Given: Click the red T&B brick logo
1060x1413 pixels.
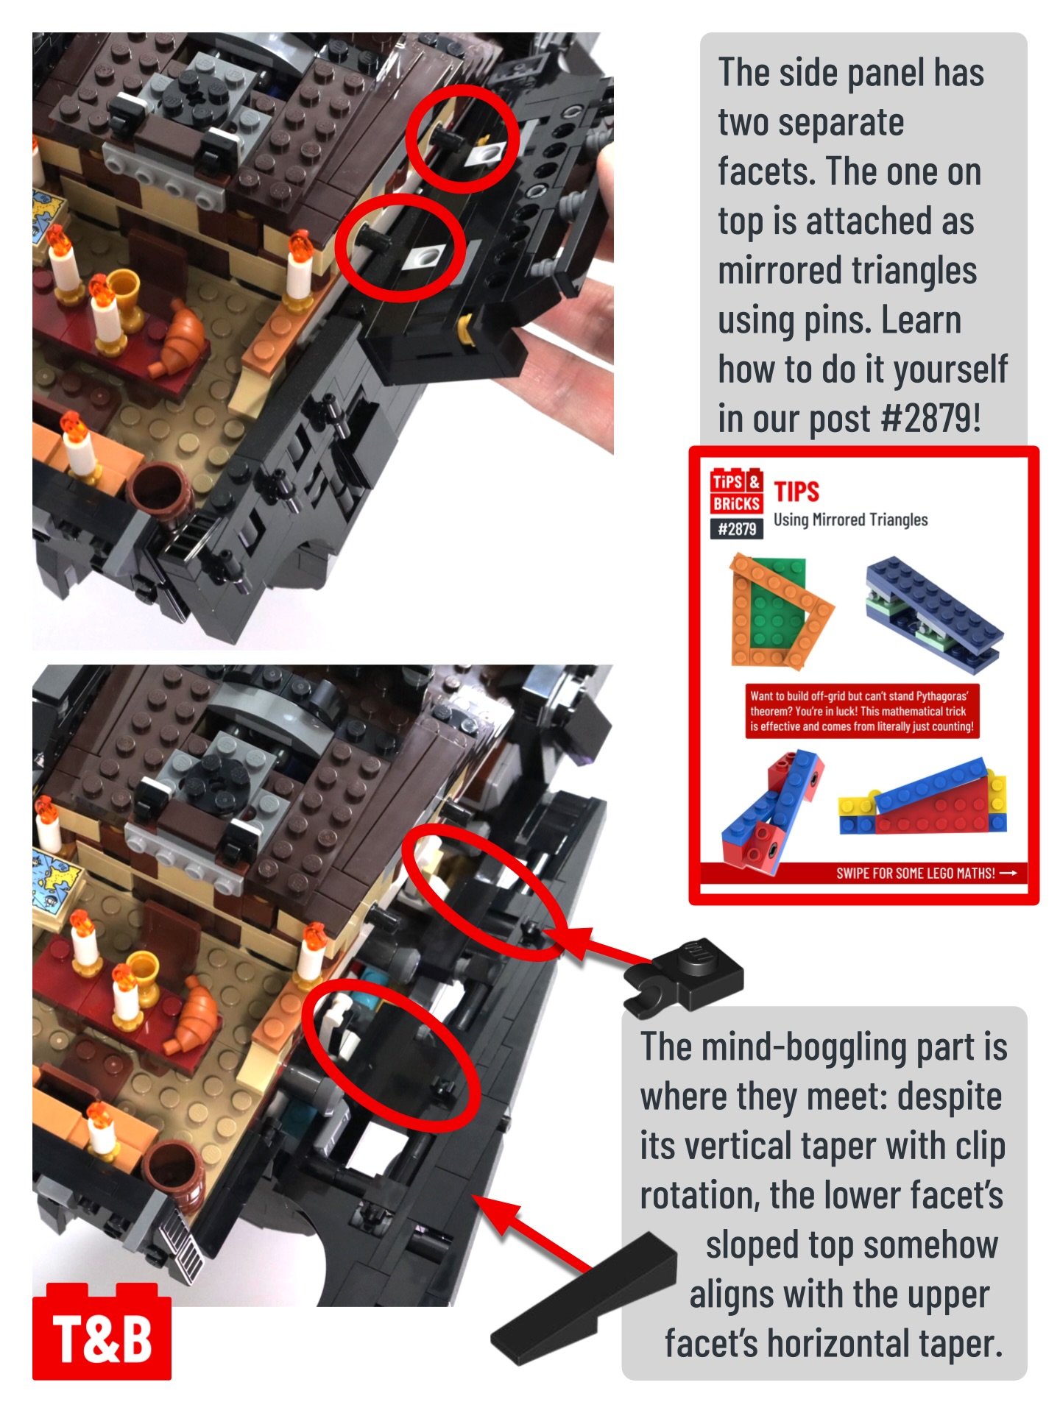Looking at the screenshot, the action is [102, 1331].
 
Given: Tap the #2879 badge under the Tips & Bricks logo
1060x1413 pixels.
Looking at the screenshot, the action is [736, 528].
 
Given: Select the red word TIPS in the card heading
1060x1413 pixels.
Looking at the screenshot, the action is [796, 492].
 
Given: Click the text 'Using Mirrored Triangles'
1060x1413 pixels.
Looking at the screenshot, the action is [850, 520].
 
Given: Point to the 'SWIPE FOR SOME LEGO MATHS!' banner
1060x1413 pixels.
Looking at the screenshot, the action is [863, 873].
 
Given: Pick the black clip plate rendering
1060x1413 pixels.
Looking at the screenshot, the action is [684, 976].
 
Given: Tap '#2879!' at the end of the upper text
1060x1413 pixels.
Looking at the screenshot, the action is [930, 418].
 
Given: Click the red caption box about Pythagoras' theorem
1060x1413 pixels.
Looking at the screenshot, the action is [862, 711].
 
